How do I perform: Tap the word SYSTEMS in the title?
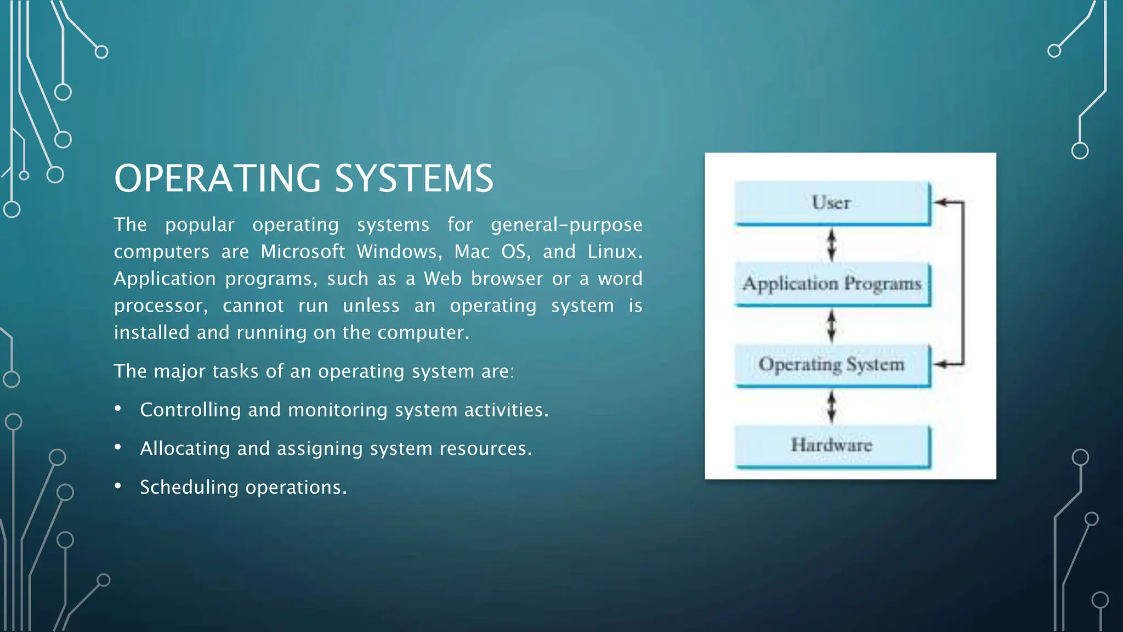[414, 178]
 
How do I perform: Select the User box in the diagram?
[832, 202]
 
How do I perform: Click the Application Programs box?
[832, 284]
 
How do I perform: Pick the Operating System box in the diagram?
[832, 364]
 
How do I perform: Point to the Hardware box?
[832, 445]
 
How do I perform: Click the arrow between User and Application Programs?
[832, 244]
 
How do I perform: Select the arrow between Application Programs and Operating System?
[832, 325]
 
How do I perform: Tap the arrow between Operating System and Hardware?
[832, 406]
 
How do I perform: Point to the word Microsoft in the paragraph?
[303, 251]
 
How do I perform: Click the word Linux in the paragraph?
[614, 251]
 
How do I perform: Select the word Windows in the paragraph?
[399, 251]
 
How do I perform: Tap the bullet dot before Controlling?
[118, 409]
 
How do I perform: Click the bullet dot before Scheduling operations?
[118, 486]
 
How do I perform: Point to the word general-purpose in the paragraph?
[566, 225]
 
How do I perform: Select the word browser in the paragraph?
[507, 279]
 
